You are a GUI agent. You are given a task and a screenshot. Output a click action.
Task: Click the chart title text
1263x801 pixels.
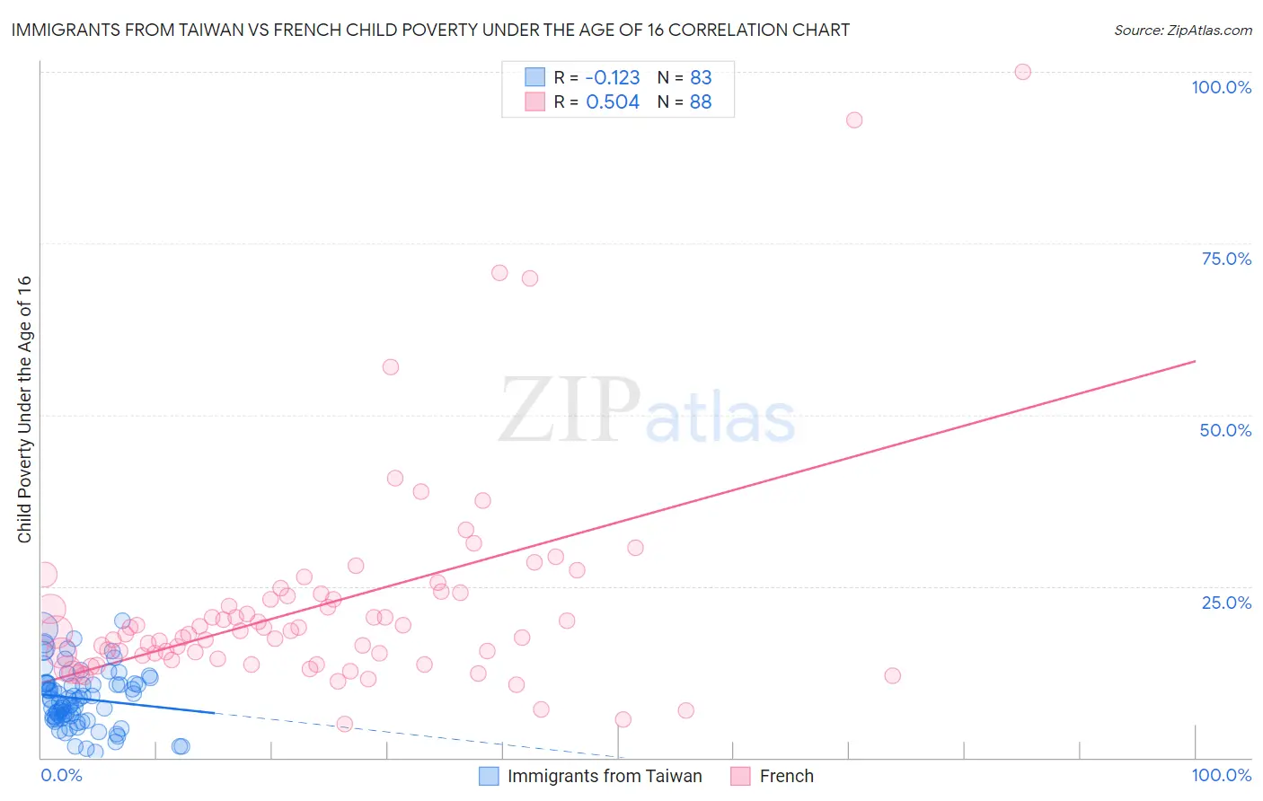(x=430, y=31)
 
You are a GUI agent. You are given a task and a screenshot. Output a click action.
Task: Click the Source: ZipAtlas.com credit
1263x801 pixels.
(x=1182, y=31)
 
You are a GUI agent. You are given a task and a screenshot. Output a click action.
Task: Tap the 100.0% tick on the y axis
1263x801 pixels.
(x=1221, y=87)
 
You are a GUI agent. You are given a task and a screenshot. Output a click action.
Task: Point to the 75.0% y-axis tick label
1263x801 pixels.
(x=1226, y=259)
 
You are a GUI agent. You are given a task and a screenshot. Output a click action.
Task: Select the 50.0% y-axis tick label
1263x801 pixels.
(x=1225, y=430)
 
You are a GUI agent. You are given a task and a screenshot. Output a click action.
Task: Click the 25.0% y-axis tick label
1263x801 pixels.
(x=1226, y=603)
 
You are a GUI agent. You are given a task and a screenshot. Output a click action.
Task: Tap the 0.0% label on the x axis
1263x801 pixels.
(x=61, y=775)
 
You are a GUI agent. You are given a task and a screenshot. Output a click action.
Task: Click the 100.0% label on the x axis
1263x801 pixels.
(x=1221, y=775)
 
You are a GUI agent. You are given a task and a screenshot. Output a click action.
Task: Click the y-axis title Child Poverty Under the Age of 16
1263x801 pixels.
(x=25, y=409)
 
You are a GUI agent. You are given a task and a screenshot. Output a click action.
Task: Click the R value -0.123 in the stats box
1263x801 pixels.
(x=613, y=78)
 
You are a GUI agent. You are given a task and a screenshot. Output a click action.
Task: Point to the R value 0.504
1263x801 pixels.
(x=613, y=102)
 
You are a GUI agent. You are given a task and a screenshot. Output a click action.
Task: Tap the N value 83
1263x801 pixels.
(x=701, y=78)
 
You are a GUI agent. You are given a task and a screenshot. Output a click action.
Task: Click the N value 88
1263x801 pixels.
(x=701, y=102)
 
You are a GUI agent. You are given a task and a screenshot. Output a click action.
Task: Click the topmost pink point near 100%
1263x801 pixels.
(x=1022, y=72)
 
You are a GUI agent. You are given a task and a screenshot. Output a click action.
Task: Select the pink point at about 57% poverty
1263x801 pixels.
(x=390, y=367)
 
